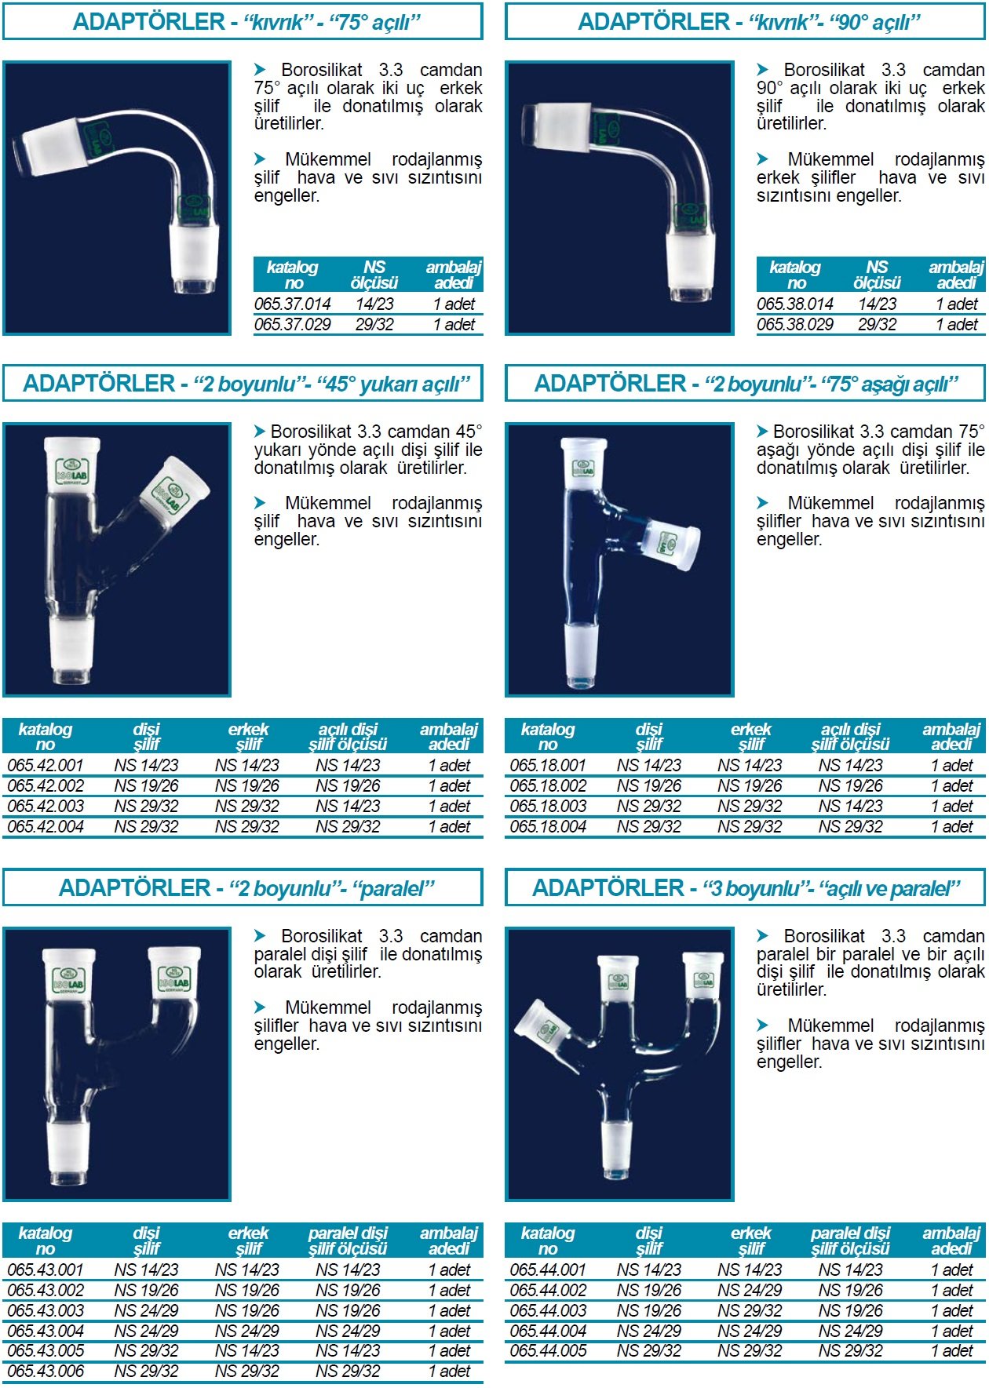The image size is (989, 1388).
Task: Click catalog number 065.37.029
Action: tap(292, 324)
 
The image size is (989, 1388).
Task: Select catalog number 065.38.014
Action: tap(795, 304)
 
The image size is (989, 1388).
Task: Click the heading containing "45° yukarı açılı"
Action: tap(246, 384)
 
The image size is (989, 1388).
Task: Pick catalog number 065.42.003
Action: tap(46, 806)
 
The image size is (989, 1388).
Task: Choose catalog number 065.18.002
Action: tap(548, 785)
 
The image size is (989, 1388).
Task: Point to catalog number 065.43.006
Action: tap(46, 1371)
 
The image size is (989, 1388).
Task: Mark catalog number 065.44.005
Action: tap(548, 1350)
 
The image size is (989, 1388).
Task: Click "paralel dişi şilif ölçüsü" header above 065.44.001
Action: tap(851, 1240)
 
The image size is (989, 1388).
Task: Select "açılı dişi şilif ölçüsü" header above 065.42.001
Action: tap(348, 737)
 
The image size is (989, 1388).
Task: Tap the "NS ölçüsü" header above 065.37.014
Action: tap(374, 275)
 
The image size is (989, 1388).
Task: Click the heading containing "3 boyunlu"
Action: tap(746, 888)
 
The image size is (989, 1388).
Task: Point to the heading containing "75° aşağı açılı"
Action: tap(746, 384)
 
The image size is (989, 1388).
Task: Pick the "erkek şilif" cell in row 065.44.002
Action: tap(750, 1290)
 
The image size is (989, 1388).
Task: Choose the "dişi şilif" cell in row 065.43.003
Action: tap(146, 1310)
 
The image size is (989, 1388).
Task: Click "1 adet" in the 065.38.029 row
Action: tap(957, 324)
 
